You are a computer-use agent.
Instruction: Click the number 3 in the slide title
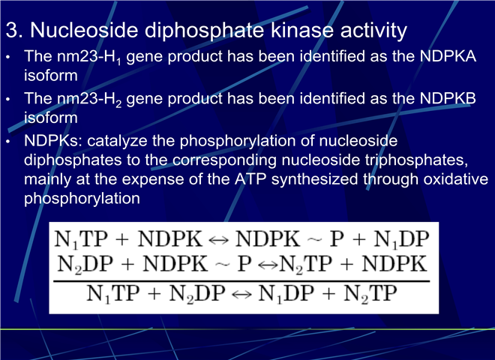[12, 30]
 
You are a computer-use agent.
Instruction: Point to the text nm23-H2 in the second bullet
[89, 100]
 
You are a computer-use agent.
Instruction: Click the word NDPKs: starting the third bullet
[53, 140]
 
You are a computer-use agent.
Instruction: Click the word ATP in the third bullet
[250, 179]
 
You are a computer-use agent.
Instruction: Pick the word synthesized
[314, 180]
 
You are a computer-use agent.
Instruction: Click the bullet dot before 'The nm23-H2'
[8, 100]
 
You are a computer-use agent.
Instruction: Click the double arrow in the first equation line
[218, 240]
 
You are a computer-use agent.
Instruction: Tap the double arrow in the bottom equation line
[241, 295]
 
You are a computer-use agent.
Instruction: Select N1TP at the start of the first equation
[81, 239]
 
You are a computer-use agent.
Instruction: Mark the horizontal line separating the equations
[241, 280]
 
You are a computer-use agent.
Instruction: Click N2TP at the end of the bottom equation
[370, 294]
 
